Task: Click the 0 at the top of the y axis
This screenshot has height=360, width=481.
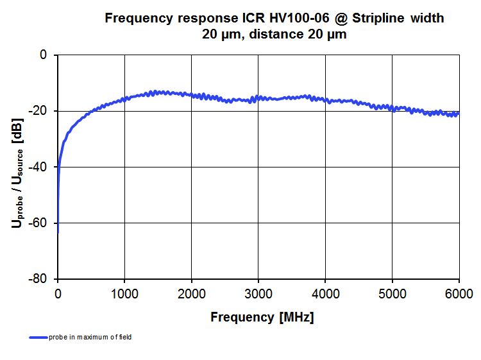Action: pyautogui.click(x=44, y=55)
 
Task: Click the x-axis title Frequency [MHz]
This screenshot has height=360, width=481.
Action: pyautogui.click(x=262, y=317)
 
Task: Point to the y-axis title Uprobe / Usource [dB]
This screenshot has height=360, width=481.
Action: pyautogui.click(x=17, y=167)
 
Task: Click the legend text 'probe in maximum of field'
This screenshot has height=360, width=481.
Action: pyautogui.click(x=90, y=338)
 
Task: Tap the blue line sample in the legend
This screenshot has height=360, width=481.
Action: pyautogui.click(x=38, y=338)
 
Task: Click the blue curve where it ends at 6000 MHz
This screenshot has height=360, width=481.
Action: pyautogui.click(x=458, y=113)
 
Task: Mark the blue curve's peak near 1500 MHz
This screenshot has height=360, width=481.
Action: pyautogui.click(x=154, y=92)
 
